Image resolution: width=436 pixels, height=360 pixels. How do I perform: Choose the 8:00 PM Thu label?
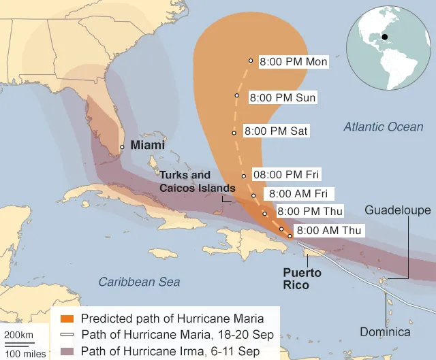[310, 212]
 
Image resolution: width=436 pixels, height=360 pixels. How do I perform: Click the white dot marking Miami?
[122, 147]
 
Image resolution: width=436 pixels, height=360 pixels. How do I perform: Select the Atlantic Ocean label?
[383, 127]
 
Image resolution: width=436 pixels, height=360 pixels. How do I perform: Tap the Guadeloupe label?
[398, 210]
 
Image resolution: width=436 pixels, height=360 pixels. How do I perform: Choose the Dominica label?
[386, 332]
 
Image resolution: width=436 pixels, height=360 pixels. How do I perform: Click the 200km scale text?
[18, 335]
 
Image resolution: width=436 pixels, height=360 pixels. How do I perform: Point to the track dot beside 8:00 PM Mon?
[251, 61]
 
